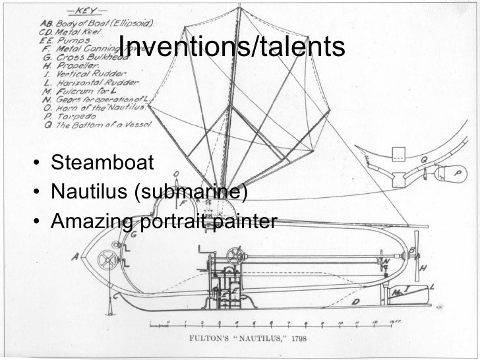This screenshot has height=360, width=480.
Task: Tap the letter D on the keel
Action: click(x=355, y=302)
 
